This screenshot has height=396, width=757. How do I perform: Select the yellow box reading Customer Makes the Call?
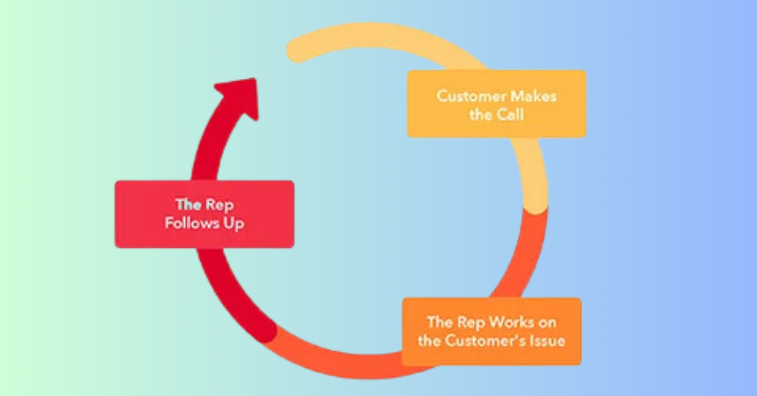[x=496, y=104]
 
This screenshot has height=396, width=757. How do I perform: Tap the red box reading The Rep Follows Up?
[x=204, y=214]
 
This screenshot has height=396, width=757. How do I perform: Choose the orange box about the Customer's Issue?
[x=491, y=331]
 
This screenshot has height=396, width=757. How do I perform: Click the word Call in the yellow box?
[x=512, y=115]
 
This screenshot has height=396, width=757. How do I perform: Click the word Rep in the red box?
[x=217, y=204]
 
